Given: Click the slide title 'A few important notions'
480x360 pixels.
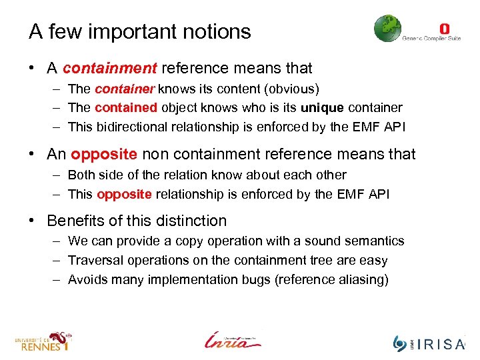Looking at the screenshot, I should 139,31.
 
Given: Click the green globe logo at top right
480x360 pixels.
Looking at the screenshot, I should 387,29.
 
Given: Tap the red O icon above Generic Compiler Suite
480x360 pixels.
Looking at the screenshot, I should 445,29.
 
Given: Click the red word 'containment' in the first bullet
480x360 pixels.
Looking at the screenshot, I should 110,68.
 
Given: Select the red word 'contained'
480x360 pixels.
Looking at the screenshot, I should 125,107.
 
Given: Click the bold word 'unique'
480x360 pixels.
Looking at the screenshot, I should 323,107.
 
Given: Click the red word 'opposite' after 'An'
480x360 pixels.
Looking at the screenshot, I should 104,155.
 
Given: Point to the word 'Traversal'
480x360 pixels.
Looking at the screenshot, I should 95,260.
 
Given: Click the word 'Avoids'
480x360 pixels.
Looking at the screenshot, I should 89,279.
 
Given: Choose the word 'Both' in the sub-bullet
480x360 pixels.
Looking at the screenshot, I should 81,175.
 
